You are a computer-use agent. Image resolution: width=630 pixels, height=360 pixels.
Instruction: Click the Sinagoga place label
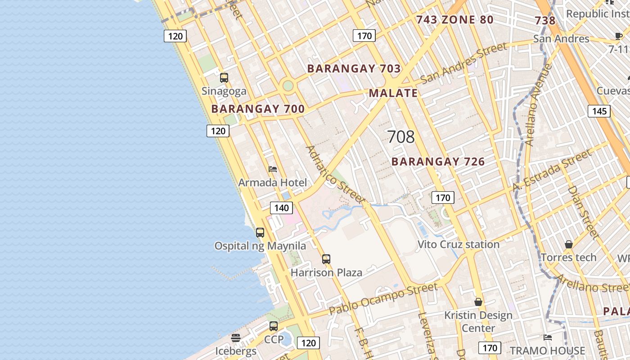[224, 91]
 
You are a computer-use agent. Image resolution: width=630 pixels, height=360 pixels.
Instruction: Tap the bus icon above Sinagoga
[224, 78]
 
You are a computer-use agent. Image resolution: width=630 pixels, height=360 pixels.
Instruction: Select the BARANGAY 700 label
[258, 109]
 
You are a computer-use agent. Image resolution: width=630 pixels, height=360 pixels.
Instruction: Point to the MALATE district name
[393, 93]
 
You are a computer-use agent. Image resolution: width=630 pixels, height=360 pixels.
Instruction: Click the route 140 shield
[281, 208]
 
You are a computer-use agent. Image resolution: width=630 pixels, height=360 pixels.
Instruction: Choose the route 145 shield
[599, 111]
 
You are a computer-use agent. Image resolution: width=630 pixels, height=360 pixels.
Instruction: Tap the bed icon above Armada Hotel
[273, 169]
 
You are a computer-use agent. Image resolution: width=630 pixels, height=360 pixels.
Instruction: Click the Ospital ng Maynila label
[260, 246]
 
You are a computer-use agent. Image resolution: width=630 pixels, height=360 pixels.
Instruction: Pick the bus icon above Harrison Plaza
[326, 259]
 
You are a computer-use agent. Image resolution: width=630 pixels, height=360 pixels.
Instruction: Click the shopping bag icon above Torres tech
[569, 244]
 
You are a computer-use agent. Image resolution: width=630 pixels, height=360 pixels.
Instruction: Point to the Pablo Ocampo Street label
[383, 298]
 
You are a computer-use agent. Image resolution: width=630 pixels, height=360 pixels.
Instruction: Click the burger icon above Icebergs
[236, 337]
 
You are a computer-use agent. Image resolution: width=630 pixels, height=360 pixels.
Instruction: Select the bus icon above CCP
[274, 326]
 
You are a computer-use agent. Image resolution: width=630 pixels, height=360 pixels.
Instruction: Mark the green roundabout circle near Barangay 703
[288, 85]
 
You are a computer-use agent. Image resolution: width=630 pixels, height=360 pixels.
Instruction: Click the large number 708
[400, 137]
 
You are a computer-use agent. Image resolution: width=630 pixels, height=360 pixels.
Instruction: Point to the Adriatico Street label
[335, 174]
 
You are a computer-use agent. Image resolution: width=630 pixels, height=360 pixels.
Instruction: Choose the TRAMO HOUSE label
[547, 351]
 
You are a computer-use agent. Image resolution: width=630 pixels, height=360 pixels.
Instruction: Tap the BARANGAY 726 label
[438, 162]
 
